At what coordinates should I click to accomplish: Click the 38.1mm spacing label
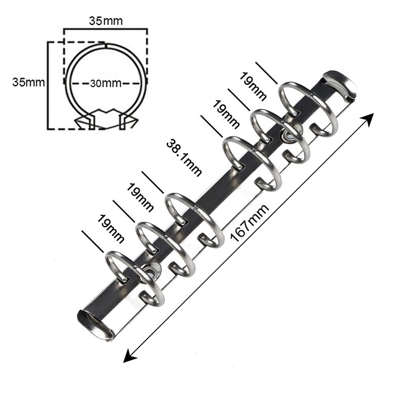(x=184, y=158)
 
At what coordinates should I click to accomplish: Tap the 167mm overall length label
(x=249, y=223)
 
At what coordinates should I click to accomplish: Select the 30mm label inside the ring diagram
(x=106, y=83)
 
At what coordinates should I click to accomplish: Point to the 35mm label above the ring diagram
(x=106, y=21)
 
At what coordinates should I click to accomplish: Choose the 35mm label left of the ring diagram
(x=29, y=82)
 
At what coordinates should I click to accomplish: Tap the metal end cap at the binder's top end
(x=340, y=84)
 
